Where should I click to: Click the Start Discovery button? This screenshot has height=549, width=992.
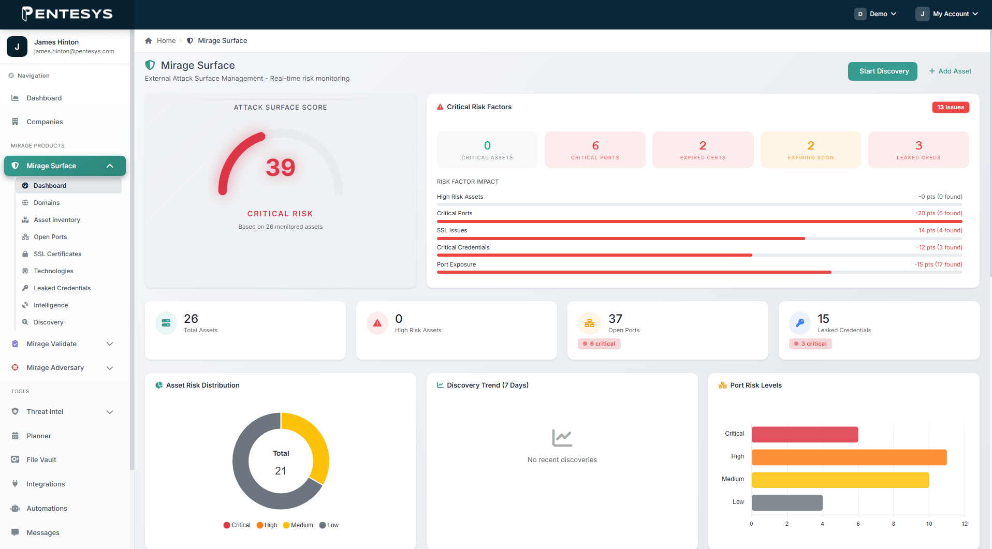click(882, 71)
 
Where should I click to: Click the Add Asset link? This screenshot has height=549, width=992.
click(950, 71)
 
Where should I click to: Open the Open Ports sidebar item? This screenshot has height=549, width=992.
click(50, 237)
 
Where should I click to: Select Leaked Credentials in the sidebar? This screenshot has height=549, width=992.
click(62, 288)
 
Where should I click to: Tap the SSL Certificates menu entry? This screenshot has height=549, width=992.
click(57, 254)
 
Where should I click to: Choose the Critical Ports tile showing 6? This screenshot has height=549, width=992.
click(595, 150)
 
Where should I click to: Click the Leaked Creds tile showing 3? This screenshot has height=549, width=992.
click(918, 150)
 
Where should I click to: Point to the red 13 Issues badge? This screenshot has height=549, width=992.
click(951, 107)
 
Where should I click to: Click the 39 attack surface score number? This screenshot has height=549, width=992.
click(281, 168)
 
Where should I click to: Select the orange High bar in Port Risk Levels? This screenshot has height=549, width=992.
click(849, 457)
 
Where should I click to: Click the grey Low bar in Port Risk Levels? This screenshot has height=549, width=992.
click(787, 502)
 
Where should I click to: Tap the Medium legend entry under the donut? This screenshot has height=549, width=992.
click(298, 525)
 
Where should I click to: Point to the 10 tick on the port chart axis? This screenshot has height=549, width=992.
click(929, 524)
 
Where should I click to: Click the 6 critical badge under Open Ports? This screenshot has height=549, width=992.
click(599, 344)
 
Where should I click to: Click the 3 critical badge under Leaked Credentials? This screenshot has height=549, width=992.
click(810, 344)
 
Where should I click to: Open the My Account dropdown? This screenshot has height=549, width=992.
click(947, 14)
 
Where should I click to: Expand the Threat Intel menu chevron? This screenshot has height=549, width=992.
click(110, 412)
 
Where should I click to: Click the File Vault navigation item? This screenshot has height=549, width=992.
click(41, 460)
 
